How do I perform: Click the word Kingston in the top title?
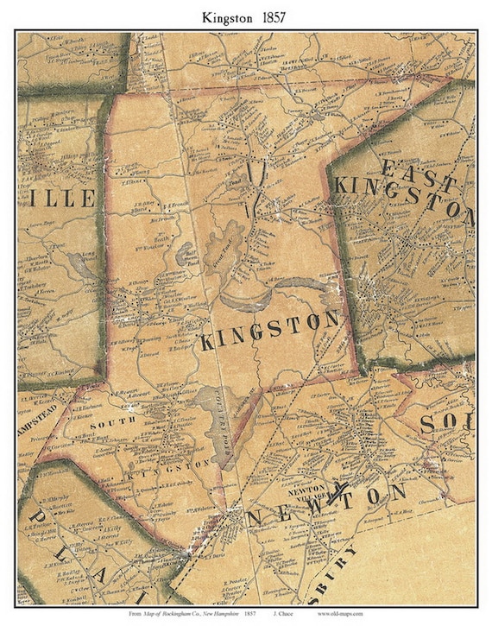[228, 16]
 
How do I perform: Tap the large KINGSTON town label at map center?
[269, 332]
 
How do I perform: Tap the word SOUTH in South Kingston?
[101, 425]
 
